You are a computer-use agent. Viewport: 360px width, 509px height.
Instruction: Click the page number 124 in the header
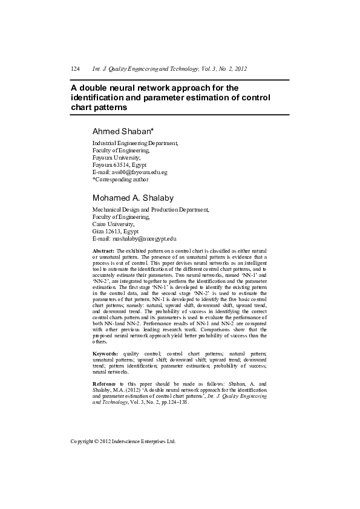click(76, 70)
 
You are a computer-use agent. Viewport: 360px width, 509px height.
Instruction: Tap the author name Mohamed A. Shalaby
click(133, 198)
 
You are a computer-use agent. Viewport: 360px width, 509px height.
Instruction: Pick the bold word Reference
click(103, 384)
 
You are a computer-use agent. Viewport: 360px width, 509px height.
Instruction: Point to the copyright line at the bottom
click(123, 441)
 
